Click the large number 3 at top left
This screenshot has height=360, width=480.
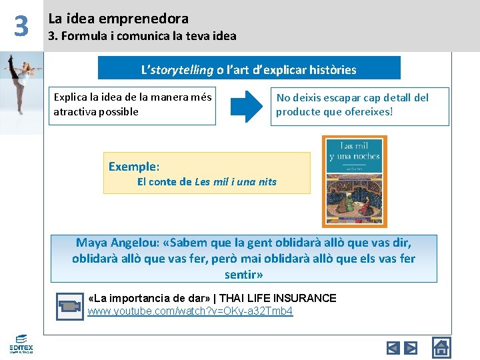(x=21, y=26)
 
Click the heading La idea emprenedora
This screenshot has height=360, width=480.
(x=118, y=19)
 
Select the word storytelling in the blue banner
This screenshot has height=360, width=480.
(x=183, y=69)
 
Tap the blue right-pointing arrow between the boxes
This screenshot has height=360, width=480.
(x=251, y=106)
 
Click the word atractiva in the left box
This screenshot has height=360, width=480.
(x=75, y=111)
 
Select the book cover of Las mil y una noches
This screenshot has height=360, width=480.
(x=354, y=181)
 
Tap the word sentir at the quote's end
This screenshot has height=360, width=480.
(x=241, y=274)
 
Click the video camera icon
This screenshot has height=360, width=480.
(x=69, y=305)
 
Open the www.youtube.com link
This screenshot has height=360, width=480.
(x=190, y=311)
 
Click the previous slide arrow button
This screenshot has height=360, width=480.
(x=393, y=347)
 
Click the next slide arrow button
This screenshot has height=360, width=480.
(x=411, y=347)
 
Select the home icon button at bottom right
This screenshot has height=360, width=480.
(x=441, y=347)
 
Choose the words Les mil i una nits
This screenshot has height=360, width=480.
(x=236, y=181)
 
